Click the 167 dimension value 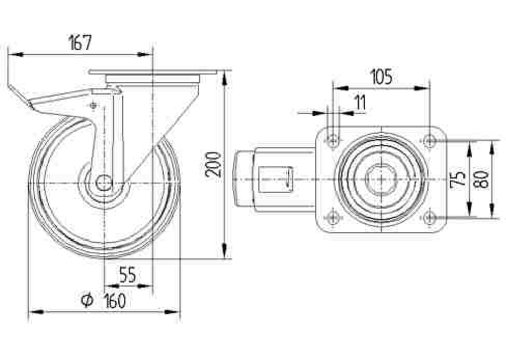coord(80,43)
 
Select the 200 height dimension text coord(214,165)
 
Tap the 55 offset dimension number coord(128,275)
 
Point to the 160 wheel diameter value coord(115,301)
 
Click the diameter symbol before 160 coord(87,301)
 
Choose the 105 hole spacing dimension coord(382,77)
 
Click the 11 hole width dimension coord(360,102)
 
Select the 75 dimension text coord(458,178)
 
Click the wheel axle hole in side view coord(104,183)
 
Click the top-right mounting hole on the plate coord(429,141)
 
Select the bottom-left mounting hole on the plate coord(333,218)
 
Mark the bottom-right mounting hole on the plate coord(429,218)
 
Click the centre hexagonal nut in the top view coord(381,179)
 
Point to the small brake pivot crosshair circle coord(94,105)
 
